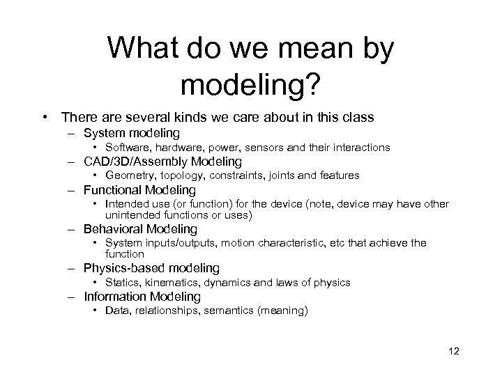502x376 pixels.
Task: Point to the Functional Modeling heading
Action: tap(139, 190)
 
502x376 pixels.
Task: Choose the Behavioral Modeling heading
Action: tap(140, 229)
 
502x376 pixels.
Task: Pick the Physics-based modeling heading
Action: tap(151, 268)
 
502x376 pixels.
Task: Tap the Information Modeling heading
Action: tap(142, 297)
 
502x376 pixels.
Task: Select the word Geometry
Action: tap(128, 175)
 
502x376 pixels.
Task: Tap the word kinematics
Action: tap(169, 283)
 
